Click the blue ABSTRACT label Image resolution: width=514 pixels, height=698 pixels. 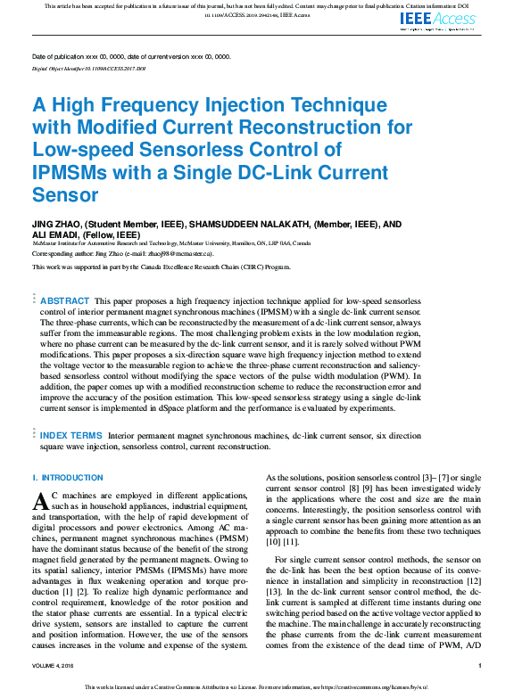pyautogui.click(x=64, y=302)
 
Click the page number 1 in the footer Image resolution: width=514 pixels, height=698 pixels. pyautogui.click(x=480, y=666)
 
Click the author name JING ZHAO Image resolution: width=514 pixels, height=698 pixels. pyautogui.click(x=54, y=224)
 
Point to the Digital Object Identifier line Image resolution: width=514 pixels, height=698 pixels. pyautogui.click(x=88, y=68)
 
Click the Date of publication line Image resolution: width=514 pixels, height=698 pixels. pyautogui.click(x=131, y=56)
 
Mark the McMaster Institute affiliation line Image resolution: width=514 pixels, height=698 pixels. pyautogui.click(x=171, y=242)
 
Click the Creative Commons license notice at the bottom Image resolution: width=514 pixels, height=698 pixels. pyautogui.click(x=257, y=687)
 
